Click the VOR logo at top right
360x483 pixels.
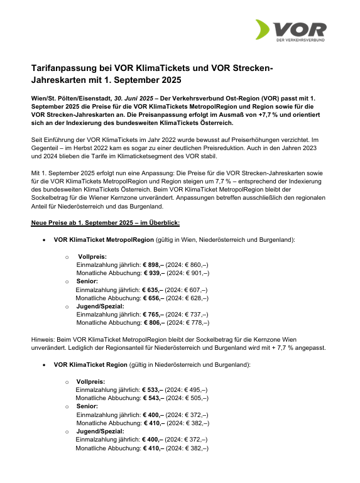point(290,31)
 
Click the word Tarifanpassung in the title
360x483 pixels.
point(62,68)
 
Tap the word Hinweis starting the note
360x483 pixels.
point(43,339)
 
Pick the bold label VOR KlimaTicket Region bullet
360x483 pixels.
point(90,364)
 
